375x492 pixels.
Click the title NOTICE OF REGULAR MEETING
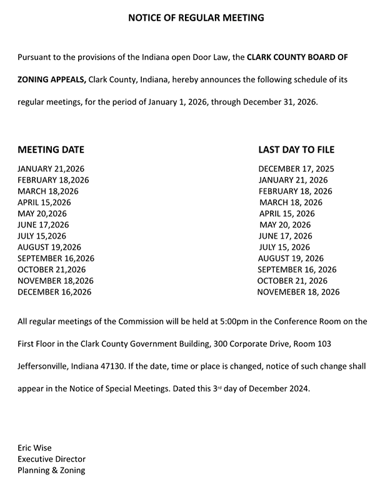[196, 18]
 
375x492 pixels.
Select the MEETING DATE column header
[51, 149]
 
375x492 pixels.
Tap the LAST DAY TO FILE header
[296, 149]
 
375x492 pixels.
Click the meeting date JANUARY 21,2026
[51, 169]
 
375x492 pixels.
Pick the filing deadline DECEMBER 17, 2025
[296, 169]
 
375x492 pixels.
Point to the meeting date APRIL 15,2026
[44, 203]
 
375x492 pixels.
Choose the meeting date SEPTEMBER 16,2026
[56, 258]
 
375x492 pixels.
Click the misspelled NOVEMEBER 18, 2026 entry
[298, 292]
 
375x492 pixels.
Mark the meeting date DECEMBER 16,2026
[54, 292]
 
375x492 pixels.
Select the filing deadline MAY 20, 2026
[285, 225]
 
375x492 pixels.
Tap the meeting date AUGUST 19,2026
[49, 247]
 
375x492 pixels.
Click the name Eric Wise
[35, 448]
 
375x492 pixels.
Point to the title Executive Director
[52, 459]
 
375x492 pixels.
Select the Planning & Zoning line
[51, 470]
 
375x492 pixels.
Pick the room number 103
[315, 344]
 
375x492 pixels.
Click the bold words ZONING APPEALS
[52, 79]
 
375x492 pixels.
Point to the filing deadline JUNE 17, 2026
[286, 236]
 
